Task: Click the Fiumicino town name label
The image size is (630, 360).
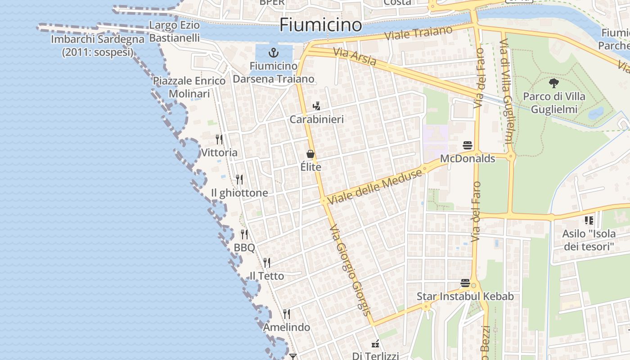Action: click(x=320, y=25)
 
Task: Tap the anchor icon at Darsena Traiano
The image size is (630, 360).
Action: click(x=274, y=53)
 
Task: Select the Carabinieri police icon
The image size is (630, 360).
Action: click(x=316, y=106)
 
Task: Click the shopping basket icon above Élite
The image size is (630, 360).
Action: click(x=310, y=154)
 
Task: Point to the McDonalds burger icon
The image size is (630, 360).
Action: click(x=468, y=145)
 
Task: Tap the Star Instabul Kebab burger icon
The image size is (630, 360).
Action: click(x=465, y=283)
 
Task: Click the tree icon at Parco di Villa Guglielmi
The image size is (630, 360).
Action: click(x=554, y=83)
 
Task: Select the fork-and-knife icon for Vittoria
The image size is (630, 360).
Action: click(x=219, y=139)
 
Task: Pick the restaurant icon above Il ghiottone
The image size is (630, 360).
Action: click(x=239, y=180)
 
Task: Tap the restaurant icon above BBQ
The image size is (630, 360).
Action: click(x=244, y=234)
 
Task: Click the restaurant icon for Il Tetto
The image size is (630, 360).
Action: click(x=267, y=262)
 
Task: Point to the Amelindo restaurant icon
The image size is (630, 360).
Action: click(x=287, y=314)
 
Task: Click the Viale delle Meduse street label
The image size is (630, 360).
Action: click(x=374, y=185)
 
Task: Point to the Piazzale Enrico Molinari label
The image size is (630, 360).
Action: click(x=189, y=87)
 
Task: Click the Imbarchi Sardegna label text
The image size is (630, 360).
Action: click(x=98, y=45)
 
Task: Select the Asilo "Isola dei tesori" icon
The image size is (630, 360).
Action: click(x=589, y=220)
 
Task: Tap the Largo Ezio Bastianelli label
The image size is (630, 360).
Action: click(x=175, y=31)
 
